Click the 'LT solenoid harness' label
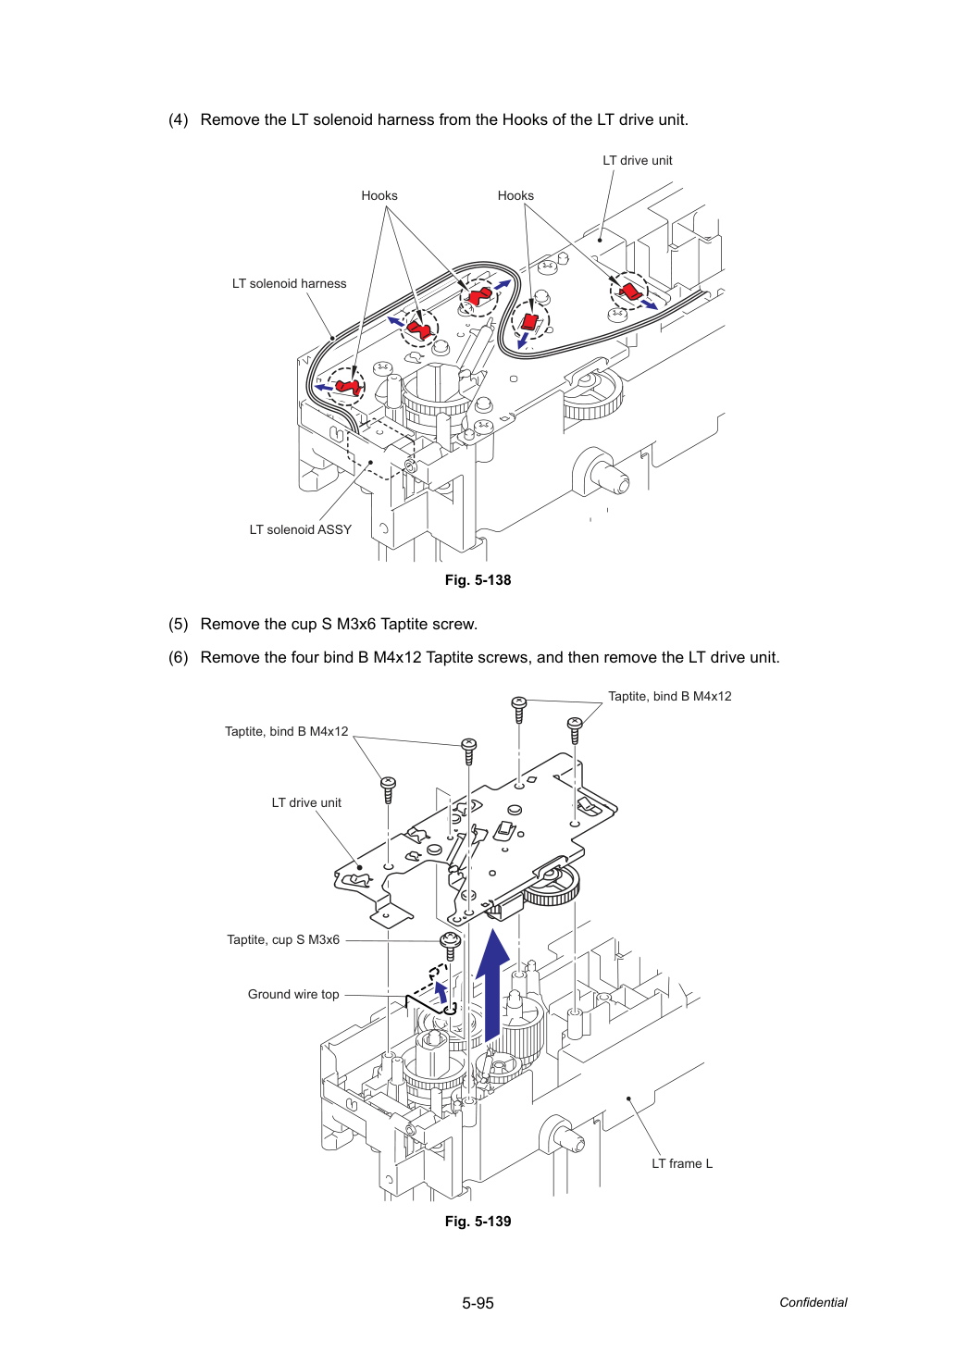pos(290,283)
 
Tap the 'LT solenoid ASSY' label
pos(300,529)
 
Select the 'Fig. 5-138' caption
pos(478,580)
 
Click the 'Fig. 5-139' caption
pos(478,1222)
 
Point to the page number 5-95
pos(478,1303)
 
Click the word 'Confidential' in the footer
pos(813,1303)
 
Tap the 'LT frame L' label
pos(682,1164)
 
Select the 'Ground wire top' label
pos(293,995)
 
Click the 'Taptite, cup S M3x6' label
pos(283,940)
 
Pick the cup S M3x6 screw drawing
pos(451,946)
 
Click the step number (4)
pos(179,119)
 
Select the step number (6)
pos(179,657)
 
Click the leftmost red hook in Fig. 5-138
pos(349,386)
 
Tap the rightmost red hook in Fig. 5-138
pos(630,291)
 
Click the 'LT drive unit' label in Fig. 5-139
pos(306,802)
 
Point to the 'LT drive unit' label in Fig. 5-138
pos(637,161)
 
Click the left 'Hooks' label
pos(379,195)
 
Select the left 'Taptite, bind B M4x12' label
pos(286,731)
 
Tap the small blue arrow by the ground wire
pos(442,994)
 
